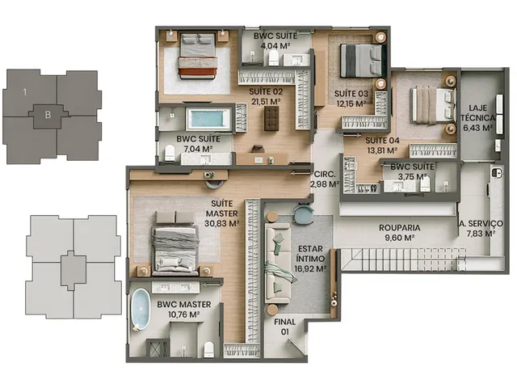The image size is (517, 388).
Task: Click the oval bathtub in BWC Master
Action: pyautogui.click(x=141, y=309)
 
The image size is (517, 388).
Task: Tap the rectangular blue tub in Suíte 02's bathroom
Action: pyautogui.click(x=208, y=119)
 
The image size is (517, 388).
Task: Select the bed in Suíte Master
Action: pyautogui.click(x=175, y=243)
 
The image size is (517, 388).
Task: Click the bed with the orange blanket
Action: pyautogui.click(x=197, y=55)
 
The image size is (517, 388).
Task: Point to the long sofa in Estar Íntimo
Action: pyautogui.click(x=278, y=263)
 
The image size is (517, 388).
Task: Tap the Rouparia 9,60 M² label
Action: pyautogui.click(x=399, y=232)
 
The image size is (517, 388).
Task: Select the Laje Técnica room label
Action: pyautogui.click(x=477, y=118)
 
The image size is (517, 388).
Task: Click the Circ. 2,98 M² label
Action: pyautogui.click(x=325, y=179)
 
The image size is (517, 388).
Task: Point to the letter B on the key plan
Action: pyautogui.click(x=48, y=115)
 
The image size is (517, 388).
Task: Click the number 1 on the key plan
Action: pyautogui.click(x=25, y=92)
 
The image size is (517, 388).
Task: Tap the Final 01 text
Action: pyautogui.click(x=285, y=327)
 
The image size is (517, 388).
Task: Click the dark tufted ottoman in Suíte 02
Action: pyautogui.click(x=271, y=119)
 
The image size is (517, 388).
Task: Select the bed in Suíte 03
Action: pyautogui.click(x=364, y=61)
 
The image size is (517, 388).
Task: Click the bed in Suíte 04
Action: pyautogui.click(x=433, y=105)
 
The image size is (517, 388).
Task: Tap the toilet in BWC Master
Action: pyautogui.click(x=209, y=349)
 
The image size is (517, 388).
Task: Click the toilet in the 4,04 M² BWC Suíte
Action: pyautogui.click(x=273, y=59)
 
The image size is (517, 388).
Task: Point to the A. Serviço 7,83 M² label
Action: pyautogui.click(x=481, y=228)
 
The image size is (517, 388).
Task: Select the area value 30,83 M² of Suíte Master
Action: pyautogui.click(x=221, y=223)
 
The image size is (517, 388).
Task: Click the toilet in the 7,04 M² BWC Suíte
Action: pyautogui.click(x=170, y=153)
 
